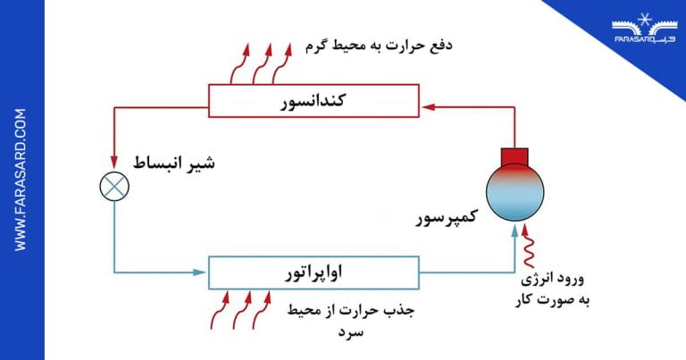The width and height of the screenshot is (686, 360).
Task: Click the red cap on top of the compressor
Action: tap(514, 156)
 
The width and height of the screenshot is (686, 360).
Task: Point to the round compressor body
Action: tap(514, 192)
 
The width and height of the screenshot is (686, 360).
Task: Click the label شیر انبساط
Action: tap(173, 163)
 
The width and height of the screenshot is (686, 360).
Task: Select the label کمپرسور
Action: tap(447, 217)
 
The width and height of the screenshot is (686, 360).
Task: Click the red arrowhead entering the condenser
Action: tap(429, 106)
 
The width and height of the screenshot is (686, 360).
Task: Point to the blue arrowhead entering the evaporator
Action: tap(199, 272)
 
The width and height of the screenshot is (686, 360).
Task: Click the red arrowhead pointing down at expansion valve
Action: tap(114, 163)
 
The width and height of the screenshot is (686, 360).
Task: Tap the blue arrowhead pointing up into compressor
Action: tap(514, 230)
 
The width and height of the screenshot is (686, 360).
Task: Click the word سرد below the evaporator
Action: tap(350, 332)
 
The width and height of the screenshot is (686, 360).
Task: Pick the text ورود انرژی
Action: tap(552, 280)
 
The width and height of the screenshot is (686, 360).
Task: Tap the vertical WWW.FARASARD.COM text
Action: tap(21, 180)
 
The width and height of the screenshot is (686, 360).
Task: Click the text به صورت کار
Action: tap(552, 300)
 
